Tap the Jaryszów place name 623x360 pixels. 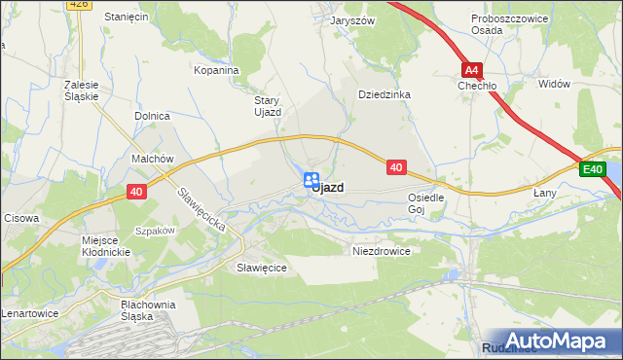pos(352,19)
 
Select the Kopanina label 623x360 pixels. pos(216,70)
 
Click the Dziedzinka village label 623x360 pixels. pos(385,94)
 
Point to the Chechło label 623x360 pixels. pos(477,86)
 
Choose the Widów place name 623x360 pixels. pos(553,84)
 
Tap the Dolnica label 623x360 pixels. pos(152,116)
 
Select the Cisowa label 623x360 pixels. pos(21,218)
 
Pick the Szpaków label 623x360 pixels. pos(155,231)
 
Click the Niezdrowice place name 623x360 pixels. pos(381,250)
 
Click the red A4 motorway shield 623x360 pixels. pos(472,69)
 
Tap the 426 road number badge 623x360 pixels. pos(80,4)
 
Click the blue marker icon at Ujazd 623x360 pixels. pos(311,180)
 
